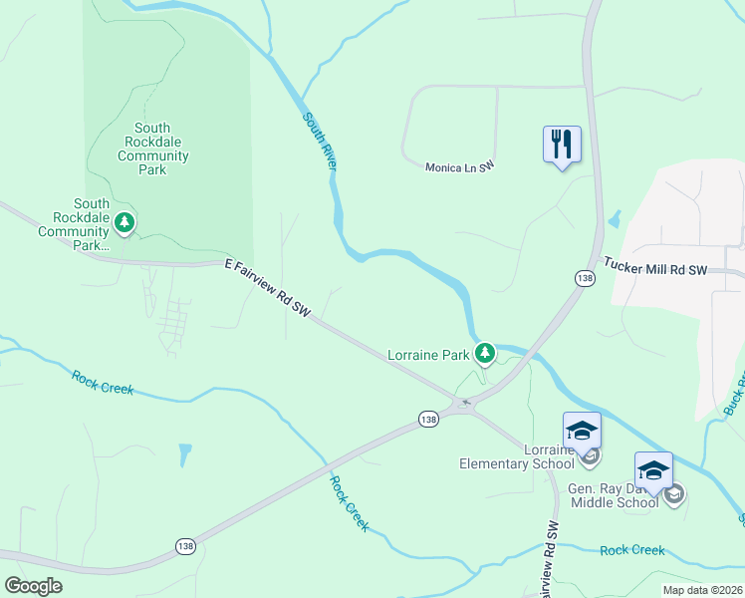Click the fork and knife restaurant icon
[x=562, y=144]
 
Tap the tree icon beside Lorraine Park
[x=485, y=353]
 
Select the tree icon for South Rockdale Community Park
[x=124, y=222]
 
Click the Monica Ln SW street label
[x=459, y=167]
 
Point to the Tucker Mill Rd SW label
[x=654, y=269]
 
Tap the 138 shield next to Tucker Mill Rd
[x=585, y=278]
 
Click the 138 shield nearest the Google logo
[x=185, y=545]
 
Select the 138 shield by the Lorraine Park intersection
[x=428, y=420]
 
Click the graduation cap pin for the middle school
[x=653, y=470]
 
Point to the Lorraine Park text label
[x=427, y=354]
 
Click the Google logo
[x=34, y=586]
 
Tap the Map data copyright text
[x=701, y=590]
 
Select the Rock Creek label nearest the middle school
[x=632, y=550]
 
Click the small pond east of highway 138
[x=614, y=218]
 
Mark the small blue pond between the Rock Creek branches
[x=184, y=455]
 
